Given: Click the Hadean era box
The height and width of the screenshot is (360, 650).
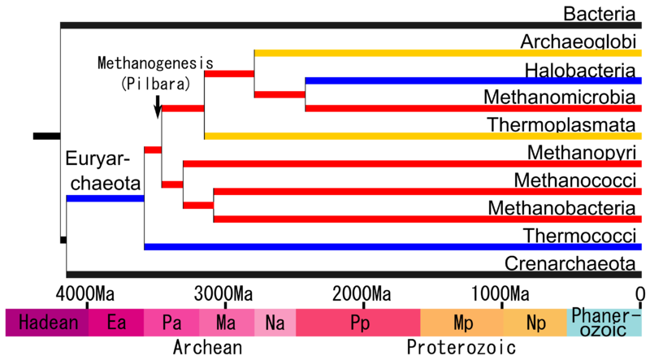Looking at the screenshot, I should click(x=46, y=323).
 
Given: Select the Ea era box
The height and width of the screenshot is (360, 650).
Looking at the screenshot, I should click(x=116, y=323).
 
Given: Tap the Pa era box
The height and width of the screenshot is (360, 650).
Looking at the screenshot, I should click(x=171, y=323).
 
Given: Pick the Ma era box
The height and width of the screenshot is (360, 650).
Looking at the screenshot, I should click(x=227, y=323).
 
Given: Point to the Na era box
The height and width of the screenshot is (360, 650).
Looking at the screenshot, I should click(x=275, y=323).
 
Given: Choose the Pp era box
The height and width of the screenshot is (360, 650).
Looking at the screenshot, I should click(x=358, y=323).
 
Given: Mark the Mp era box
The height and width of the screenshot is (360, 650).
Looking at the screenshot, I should click(x=461, y=323).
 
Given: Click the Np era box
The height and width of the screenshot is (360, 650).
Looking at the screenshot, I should click(x=535, y=323).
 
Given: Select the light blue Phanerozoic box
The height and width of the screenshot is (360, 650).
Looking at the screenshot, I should click(x=605, y=322).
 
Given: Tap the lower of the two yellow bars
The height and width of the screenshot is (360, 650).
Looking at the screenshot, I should click(x=423, y=136).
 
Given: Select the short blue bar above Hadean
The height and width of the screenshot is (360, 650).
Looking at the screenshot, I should click(x=105, y=198).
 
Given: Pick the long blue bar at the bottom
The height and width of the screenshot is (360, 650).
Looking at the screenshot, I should click(x=393, y=247).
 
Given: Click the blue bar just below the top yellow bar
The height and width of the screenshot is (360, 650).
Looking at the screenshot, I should click(x=474, y=80).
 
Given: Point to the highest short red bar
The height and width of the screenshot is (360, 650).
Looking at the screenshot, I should click(x=229, y=74).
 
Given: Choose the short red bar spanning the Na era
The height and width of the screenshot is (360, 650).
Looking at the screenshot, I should click(x=279, y=94).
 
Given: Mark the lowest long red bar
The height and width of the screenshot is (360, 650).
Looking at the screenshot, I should click(x=428, y=219).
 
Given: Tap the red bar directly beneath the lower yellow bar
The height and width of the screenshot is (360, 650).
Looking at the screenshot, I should click(x=413, y=164).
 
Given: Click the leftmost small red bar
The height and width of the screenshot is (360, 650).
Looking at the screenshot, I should click(x=153, y=150).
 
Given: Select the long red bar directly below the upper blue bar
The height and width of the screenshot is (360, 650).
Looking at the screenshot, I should click(x=474, y=108).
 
